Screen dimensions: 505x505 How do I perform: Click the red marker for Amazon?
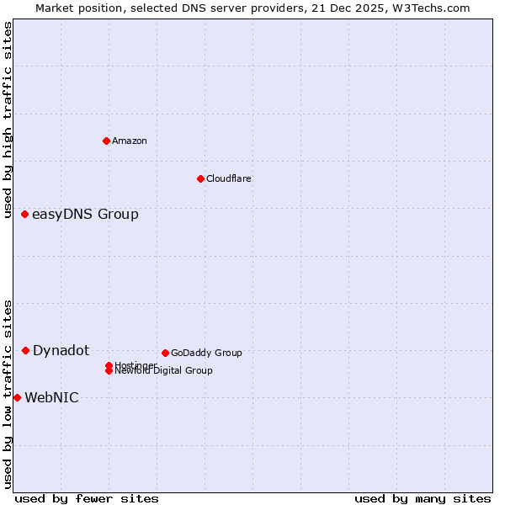106,141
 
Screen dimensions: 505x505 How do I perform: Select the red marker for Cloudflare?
200,178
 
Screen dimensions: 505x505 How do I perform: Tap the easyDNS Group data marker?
25,215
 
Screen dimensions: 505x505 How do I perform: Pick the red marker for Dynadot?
25,350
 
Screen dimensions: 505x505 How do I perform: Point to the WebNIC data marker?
17,397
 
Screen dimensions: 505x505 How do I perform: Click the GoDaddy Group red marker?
165,353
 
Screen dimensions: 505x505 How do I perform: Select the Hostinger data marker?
109,365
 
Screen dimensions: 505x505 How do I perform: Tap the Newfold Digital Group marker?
109,371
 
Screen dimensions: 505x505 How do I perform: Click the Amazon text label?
130,141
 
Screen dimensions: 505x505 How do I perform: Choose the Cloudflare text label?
229,178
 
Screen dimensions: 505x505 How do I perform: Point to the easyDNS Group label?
85,215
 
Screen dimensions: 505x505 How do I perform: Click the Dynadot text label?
61,350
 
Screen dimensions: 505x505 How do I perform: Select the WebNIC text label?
51,397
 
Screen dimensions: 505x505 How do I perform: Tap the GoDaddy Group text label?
206,353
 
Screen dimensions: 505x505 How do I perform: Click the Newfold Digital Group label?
164,371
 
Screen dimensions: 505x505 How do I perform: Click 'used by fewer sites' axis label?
87,498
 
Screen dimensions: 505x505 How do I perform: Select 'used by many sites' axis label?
423,498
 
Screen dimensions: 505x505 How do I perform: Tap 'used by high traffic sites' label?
8,120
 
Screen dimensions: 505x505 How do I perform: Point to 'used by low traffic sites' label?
8,393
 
